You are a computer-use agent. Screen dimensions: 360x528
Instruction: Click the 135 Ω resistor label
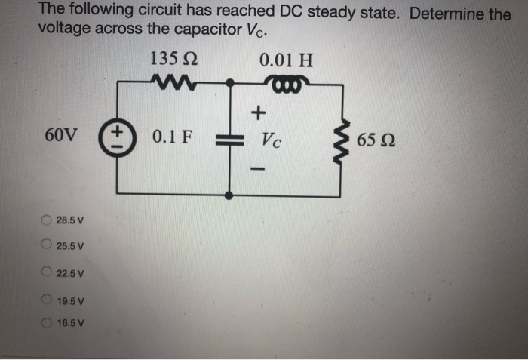[174, 59]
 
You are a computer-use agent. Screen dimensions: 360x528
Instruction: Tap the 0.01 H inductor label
[285, 59]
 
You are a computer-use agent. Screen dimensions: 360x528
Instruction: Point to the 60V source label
[60, 138]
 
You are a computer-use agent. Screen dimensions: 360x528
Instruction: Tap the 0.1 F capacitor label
[172, 138]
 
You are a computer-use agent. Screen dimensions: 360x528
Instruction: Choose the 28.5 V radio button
[47, 220]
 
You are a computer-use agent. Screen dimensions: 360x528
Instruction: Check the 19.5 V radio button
[47, 300]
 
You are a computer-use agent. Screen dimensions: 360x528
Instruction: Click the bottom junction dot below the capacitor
[229, 195]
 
